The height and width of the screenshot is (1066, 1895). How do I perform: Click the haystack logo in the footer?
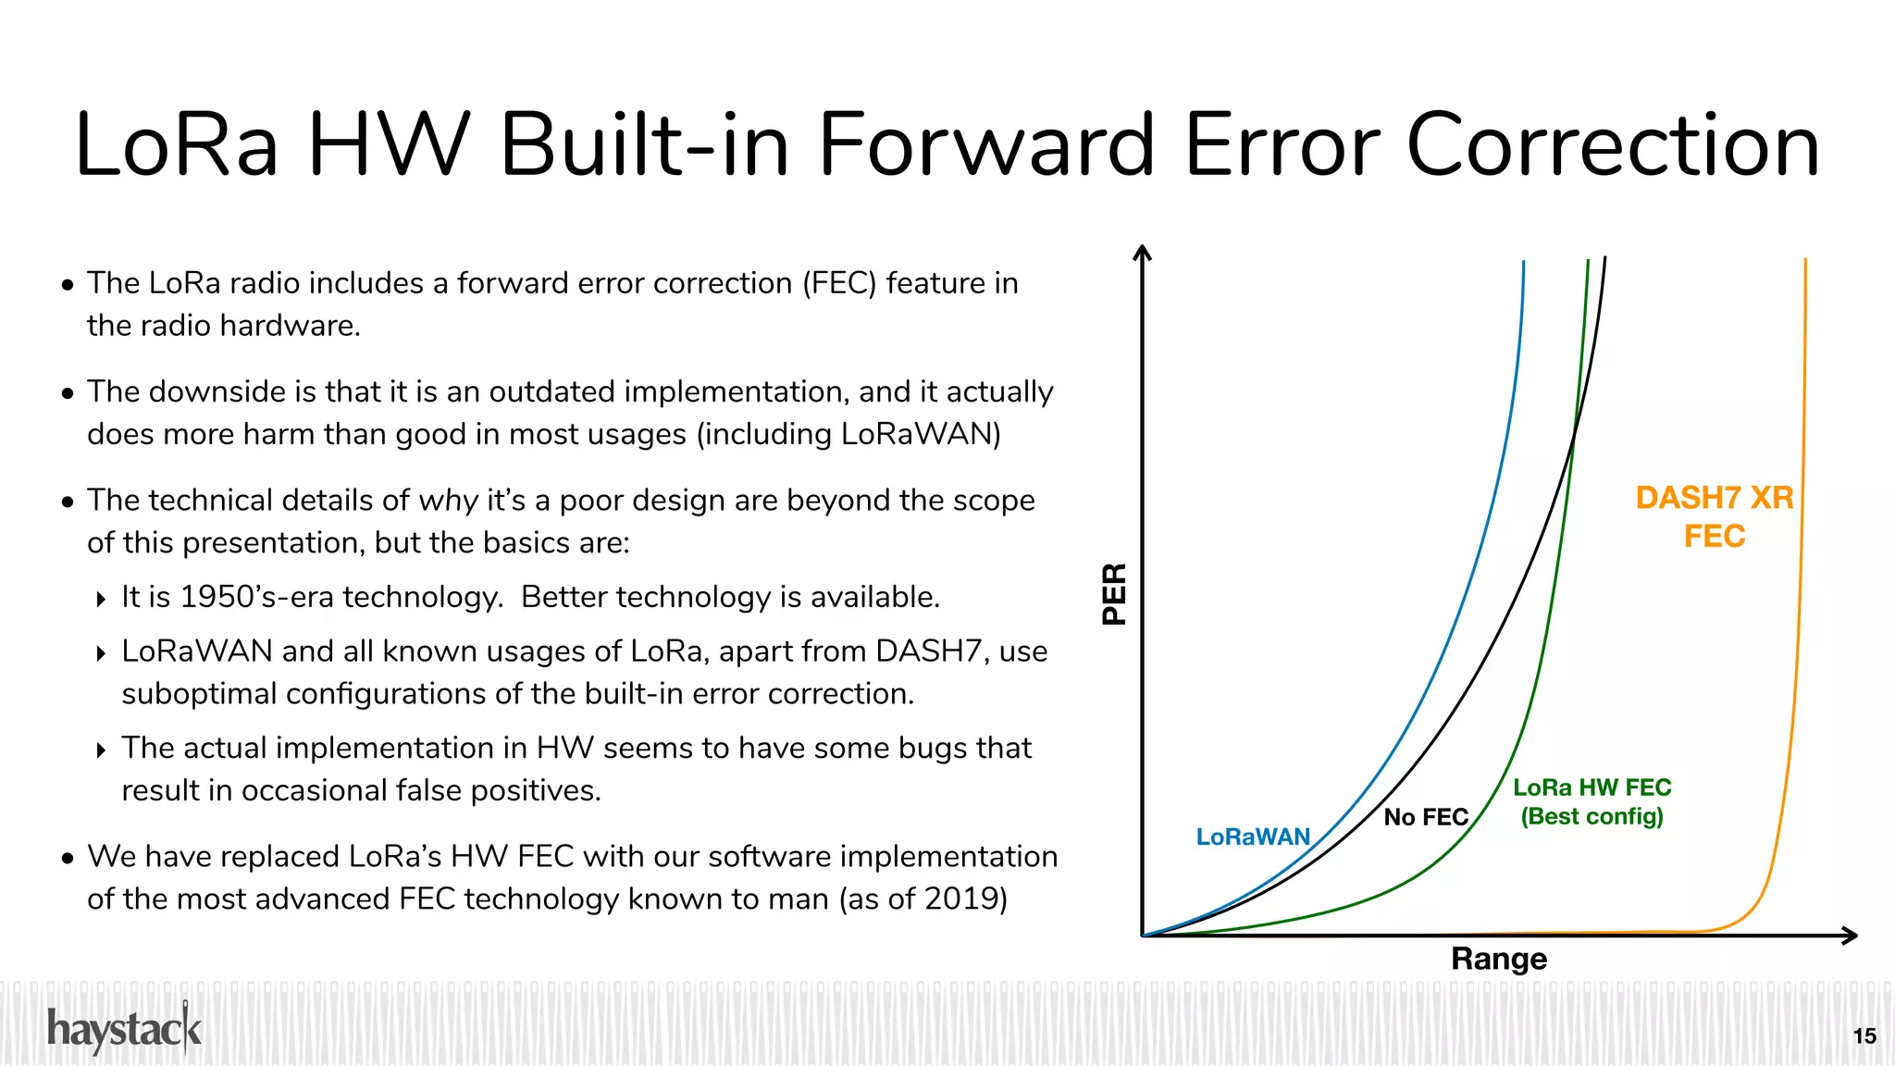(x=124, y=1030)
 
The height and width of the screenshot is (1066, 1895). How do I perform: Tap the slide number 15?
(x=1864, y=1036)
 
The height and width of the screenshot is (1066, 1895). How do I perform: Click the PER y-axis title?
(x=1115, y=594)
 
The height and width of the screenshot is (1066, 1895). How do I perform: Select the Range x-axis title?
(x=1498, y=959)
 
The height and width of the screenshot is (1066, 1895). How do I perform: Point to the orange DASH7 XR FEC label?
(x=1714, y=516)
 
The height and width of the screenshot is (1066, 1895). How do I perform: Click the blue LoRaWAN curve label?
(x=1253, y=837)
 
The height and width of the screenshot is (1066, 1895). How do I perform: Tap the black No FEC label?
(x=1425, y=817)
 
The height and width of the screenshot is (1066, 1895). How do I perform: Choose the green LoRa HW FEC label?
(x=1592, y=801)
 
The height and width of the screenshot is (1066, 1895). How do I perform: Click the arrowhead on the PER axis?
(x=1143, y=253)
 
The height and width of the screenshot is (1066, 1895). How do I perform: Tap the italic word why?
(x=448, y=501)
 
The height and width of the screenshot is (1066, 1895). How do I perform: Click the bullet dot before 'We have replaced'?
(x=68, y=859)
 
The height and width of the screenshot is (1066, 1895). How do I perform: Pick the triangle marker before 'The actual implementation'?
(x=101, y=750)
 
